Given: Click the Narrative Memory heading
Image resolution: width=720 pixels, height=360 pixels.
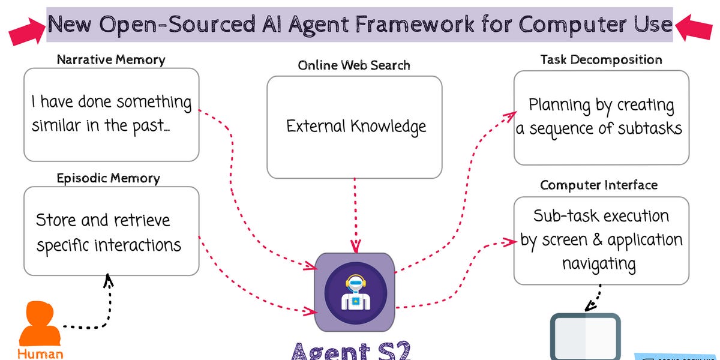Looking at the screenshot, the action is click(111, 59).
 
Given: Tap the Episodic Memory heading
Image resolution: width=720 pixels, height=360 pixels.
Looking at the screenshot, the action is click(109, 178).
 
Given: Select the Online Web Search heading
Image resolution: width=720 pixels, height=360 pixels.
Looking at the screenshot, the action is click(354, 65).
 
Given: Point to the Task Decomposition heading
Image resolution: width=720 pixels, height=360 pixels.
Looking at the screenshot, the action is click(601, 59).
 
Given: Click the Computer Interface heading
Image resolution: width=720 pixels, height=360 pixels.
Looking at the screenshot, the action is click(599, 185).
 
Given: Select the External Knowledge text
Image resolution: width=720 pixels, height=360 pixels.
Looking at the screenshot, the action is click(356, 127).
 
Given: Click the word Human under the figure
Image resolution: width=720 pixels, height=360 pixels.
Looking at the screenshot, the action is click(40, 353).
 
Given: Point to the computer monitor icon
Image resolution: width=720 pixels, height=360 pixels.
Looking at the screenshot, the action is click(585, 336).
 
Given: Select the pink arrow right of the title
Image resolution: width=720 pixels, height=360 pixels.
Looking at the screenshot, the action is click(694, 27).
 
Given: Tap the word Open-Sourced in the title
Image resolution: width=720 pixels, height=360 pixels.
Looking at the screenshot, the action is click(172, 25).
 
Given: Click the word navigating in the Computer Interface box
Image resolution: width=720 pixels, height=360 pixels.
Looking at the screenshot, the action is click(599, 263).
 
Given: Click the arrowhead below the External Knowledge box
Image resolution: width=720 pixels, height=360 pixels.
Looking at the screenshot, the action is click(355, 246).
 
